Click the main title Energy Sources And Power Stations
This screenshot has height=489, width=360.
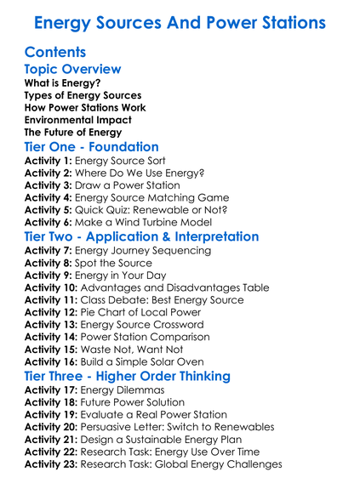180,20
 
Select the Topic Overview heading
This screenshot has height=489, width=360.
73,69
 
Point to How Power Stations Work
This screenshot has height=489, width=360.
85,108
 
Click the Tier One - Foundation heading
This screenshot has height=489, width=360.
92,146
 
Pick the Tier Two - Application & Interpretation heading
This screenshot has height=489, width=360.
142,236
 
